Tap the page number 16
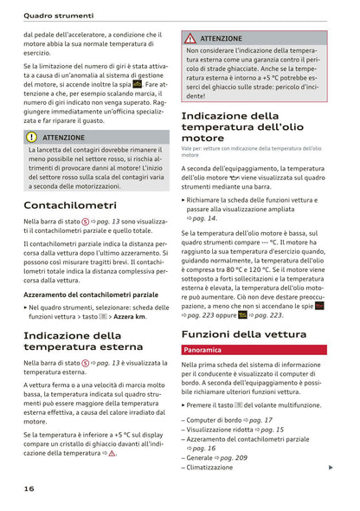(29, 488)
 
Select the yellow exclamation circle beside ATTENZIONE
(32, 137)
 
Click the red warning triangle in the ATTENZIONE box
(190, 39)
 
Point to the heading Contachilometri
(69, 205)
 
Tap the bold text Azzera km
(131, 316)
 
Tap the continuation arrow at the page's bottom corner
(331, 468)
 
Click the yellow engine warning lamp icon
(138, 84)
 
